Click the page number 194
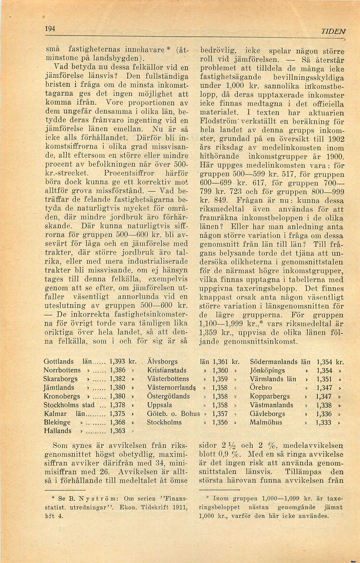(49, 28)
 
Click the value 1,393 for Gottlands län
(119, 361)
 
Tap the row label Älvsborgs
(162, 361)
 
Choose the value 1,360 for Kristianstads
(220, 370)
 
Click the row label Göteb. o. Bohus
(173, 414)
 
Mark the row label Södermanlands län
(280, 361)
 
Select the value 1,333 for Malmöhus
(324, 423)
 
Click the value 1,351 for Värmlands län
(324, 379)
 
